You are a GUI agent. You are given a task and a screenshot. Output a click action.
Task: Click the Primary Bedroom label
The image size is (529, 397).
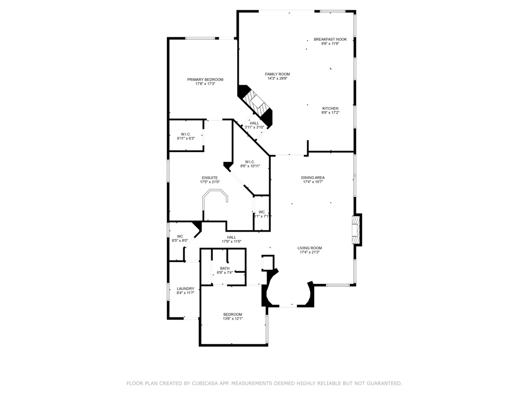pyautogui.click(x=205, y=80)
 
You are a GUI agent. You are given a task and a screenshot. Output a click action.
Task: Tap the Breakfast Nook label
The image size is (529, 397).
pyautogui.click(x=330, y=39)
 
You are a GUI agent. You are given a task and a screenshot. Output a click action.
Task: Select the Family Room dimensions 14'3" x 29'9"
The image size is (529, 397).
pyautogui.click(x=277, y=79)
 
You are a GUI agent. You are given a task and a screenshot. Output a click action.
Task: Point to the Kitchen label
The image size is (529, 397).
pyautogui.click(x=330, y=109)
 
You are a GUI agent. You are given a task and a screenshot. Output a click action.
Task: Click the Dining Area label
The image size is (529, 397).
pyautogui.click(x=313, y=178)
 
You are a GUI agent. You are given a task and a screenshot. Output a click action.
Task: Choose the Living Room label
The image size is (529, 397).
pyautogui.click(x=309, y=248)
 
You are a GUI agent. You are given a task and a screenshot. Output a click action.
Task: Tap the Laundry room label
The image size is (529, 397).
pyautogui.click(x=185, y=288)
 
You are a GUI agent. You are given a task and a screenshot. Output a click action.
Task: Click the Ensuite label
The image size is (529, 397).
pyautogui.click(x=210, y=178)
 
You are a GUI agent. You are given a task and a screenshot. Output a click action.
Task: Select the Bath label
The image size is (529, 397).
pyautogui.click(x=225, y=268)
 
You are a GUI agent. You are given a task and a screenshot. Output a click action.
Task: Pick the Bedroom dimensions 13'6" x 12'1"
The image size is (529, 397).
pyautogui.click(x=232, y=319)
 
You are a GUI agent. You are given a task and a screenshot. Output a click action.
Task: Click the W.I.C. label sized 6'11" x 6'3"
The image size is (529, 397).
pyautogui.click(x=185, y=134)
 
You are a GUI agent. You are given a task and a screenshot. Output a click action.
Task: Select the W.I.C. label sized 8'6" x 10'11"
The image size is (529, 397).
pyautogui.click(x=250, y=162)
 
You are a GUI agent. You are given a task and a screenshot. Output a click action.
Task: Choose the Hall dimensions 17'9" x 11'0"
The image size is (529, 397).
pyautogui.click(x=231, y=241)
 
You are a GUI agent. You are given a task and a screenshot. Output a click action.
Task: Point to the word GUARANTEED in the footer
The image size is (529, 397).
pyautogui.click(x=381, y=384)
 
